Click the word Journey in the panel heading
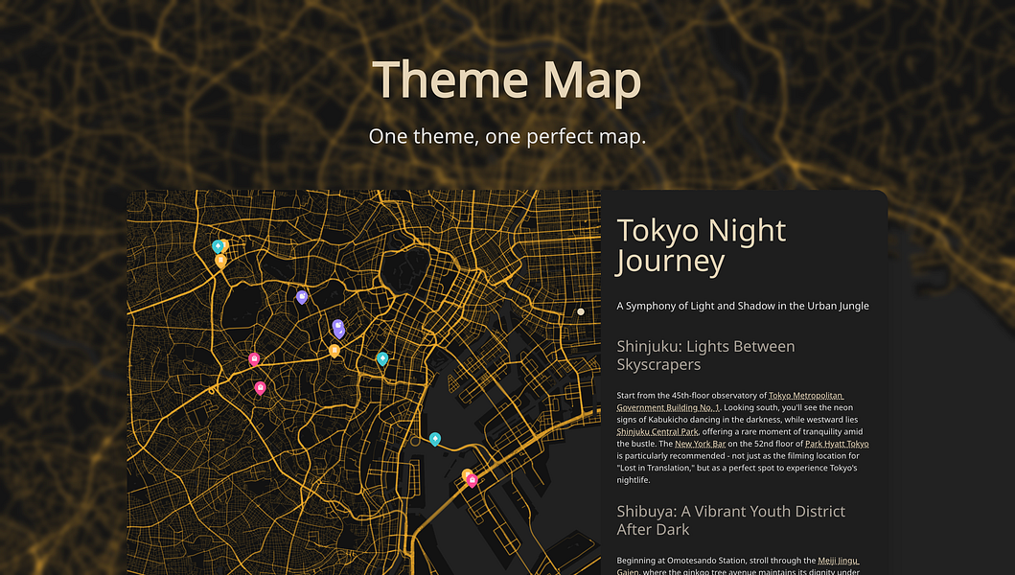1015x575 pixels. point(671,261)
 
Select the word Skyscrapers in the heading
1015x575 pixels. point(658,365)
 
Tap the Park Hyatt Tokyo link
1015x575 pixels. point(837,445)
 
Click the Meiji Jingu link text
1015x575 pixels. point(839,561)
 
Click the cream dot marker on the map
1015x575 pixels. point(580,311)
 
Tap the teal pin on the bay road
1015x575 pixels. point(435,438)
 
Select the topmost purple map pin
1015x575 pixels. point(302,296)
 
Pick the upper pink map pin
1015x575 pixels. point(254,358)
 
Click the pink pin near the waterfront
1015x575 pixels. point(473,480)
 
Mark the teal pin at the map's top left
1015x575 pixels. point(218,245)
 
